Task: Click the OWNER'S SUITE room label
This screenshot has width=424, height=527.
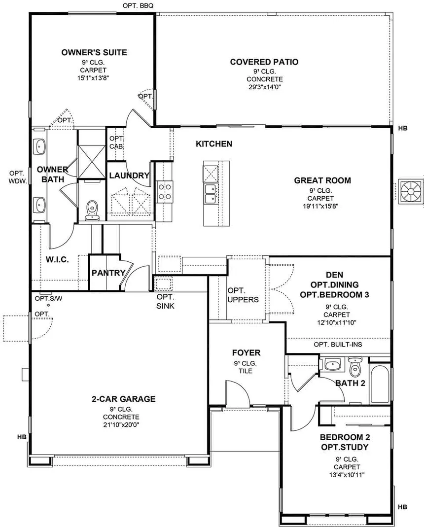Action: coord(94,52)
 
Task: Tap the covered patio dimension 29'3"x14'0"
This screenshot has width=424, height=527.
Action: coord(264,87)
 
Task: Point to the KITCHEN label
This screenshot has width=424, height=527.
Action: coord(214,144)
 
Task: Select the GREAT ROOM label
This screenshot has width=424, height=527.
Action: coord(322,180)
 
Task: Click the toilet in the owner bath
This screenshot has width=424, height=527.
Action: coord(92,211)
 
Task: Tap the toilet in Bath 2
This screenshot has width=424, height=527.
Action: coord(355,367)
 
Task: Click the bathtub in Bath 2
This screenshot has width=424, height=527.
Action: coord(379,383)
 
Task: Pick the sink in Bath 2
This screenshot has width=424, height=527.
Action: coord(333,365)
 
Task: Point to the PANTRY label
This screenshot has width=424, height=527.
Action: coord(108,273)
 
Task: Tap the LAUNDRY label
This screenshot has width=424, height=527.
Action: coord(129,176)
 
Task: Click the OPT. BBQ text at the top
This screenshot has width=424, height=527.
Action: coord(138,6)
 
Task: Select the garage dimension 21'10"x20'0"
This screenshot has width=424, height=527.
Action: coord(121,425)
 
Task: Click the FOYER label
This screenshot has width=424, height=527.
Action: coord(246,353)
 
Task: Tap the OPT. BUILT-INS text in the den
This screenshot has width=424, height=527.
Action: coord(338,345)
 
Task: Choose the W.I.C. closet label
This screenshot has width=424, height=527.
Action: coord(57,259)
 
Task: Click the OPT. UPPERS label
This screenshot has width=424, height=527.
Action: coord(243,295)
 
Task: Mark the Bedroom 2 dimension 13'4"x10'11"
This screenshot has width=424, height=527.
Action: coord(347,475)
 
